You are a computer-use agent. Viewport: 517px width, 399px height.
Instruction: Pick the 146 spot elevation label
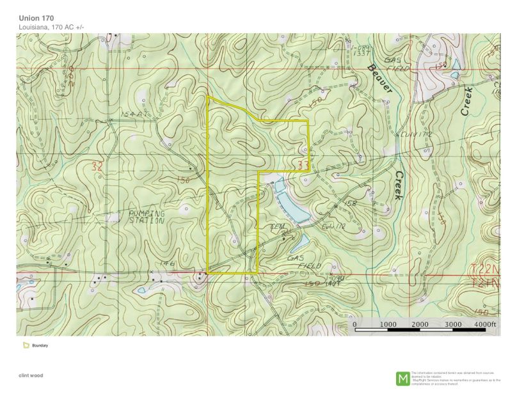(x=168, y=263)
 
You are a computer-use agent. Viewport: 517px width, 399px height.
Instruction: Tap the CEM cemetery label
(x=277, y=227)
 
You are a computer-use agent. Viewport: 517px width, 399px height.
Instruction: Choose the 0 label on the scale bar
(x=355, y=324)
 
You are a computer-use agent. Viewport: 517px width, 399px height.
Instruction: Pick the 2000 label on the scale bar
(x=420, y=324)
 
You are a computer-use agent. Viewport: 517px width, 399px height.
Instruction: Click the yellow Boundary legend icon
(x=26, y=345)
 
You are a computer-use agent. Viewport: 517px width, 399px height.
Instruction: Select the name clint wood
(x=31, y=375)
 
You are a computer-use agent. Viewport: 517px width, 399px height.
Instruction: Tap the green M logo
(x=403, y=378)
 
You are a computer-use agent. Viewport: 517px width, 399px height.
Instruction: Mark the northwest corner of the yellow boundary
(x=208, y=97)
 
